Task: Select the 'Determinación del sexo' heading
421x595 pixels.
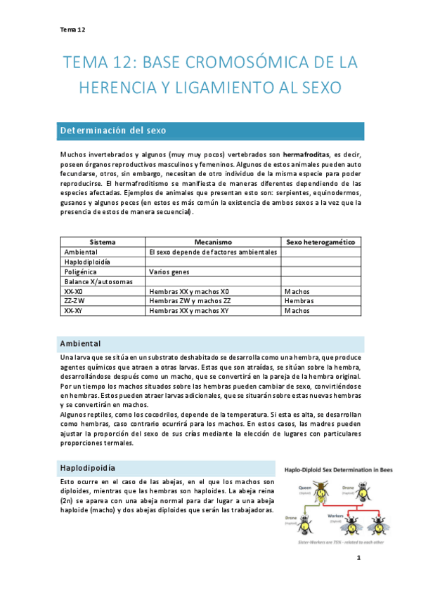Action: [x=112, y=131]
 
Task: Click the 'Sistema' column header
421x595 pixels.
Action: [x=103, y=241]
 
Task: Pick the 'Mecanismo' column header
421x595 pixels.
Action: [x=213, y=241]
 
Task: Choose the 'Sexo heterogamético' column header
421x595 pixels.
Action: [x=322, y=241]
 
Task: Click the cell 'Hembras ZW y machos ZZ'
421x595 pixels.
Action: [x=189, y=300]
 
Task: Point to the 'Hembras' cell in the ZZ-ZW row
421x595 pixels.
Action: [x=299, y=300]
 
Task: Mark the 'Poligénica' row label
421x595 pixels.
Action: [x=81, y=271]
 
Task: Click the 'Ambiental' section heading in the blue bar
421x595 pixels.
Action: [x=80, y=344]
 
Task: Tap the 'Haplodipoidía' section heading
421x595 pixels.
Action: [x=88, y=467]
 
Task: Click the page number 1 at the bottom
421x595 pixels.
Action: [x=358, y=558]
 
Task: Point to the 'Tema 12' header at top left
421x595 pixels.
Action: [x=72, y=29]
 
